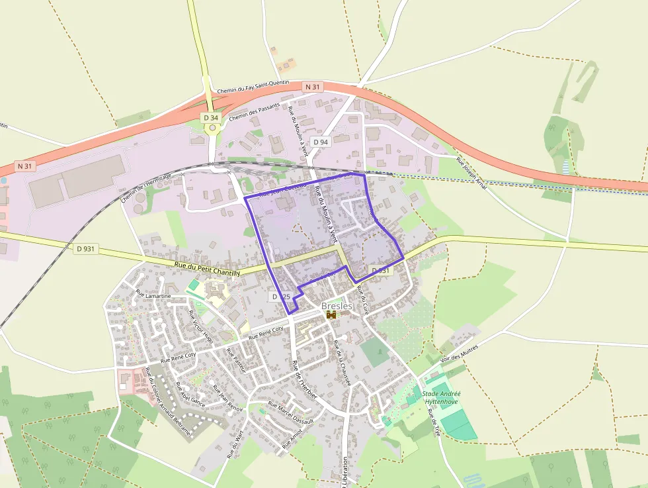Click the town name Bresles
pos(337,306)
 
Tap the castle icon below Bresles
pos(331,315)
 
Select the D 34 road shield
pos(210,118)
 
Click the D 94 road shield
pos(321,142)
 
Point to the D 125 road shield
pos(280,297)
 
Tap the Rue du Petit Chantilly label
pos(207,269)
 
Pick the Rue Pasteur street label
pos(235,360)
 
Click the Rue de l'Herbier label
pos(305,379)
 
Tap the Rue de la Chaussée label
pos(341,364)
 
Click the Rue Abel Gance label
pos(190,394)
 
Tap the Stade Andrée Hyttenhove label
pos(442,397)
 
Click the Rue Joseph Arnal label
pos(471,174)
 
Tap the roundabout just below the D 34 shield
pos(212,128)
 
